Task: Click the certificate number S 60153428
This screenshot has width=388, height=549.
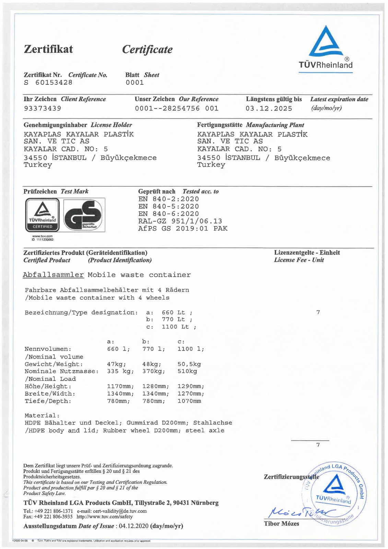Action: (x=48, y=83)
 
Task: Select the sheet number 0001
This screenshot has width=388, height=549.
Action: (x=134, y=83)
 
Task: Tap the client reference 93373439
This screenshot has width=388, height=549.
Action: (x=43, y=108)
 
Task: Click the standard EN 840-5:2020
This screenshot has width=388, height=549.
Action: (x=168, y=207)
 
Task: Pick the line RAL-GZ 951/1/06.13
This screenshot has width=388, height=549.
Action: (x=180, y=221)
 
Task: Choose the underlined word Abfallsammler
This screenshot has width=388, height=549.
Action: (x=53, y=275)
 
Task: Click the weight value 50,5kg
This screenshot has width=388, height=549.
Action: (x=189, y=364)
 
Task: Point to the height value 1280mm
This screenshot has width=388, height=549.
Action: (x=154, y=386)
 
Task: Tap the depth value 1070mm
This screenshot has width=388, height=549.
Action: (x=189, y=401)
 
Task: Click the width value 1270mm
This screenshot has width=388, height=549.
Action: (x=191, y=394)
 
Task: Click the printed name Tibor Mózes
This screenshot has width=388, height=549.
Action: (x=281, y=524)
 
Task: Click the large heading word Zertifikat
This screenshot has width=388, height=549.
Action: (x=48, y=49)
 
